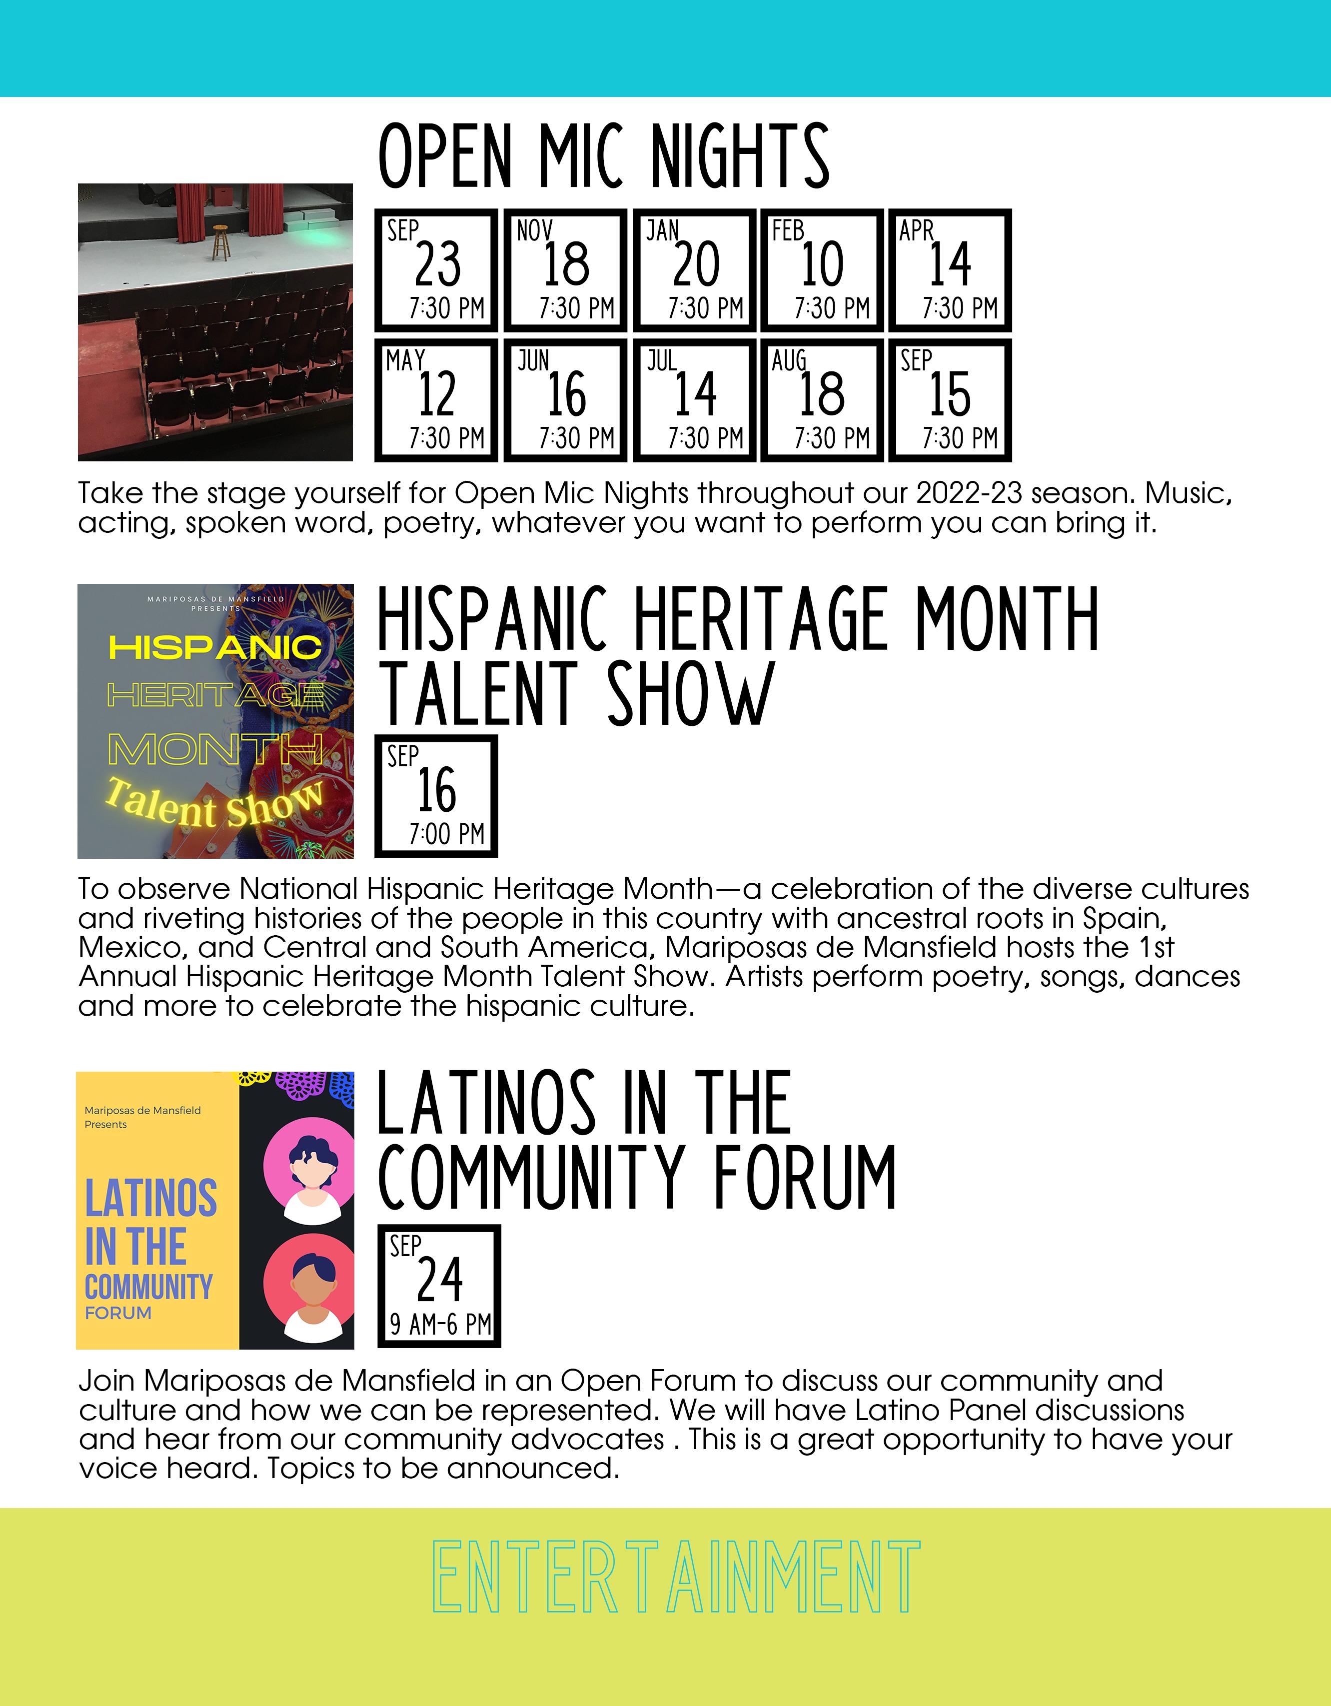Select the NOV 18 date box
click(x=565, y=270)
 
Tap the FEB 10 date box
click(x=822, y=270)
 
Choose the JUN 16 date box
click(x=565, y=400)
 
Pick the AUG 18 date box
click(x=822, y=400)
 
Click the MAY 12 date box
click(x=436, y=400)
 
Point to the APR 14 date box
click(x=950, y=270)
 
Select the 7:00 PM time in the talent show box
click(x=447, y=833)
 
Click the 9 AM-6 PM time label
click(x=440, y=1324)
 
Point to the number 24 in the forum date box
click(x=440, y=1281)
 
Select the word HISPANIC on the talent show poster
click(x=215, y=647)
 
